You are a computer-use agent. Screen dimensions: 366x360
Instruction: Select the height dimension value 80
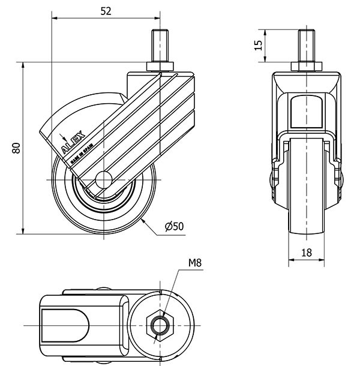(17, 148)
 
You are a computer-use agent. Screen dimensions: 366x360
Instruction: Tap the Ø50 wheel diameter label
(174, 226)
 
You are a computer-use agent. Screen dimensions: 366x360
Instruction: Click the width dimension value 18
(306, 253)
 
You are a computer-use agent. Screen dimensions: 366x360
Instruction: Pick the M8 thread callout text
(194, 262)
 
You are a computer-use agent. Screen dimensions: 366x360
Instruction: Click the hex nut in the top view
(160, 325)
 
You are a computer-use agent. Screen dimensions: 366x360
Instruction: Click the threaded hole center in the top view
(160, 325)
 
